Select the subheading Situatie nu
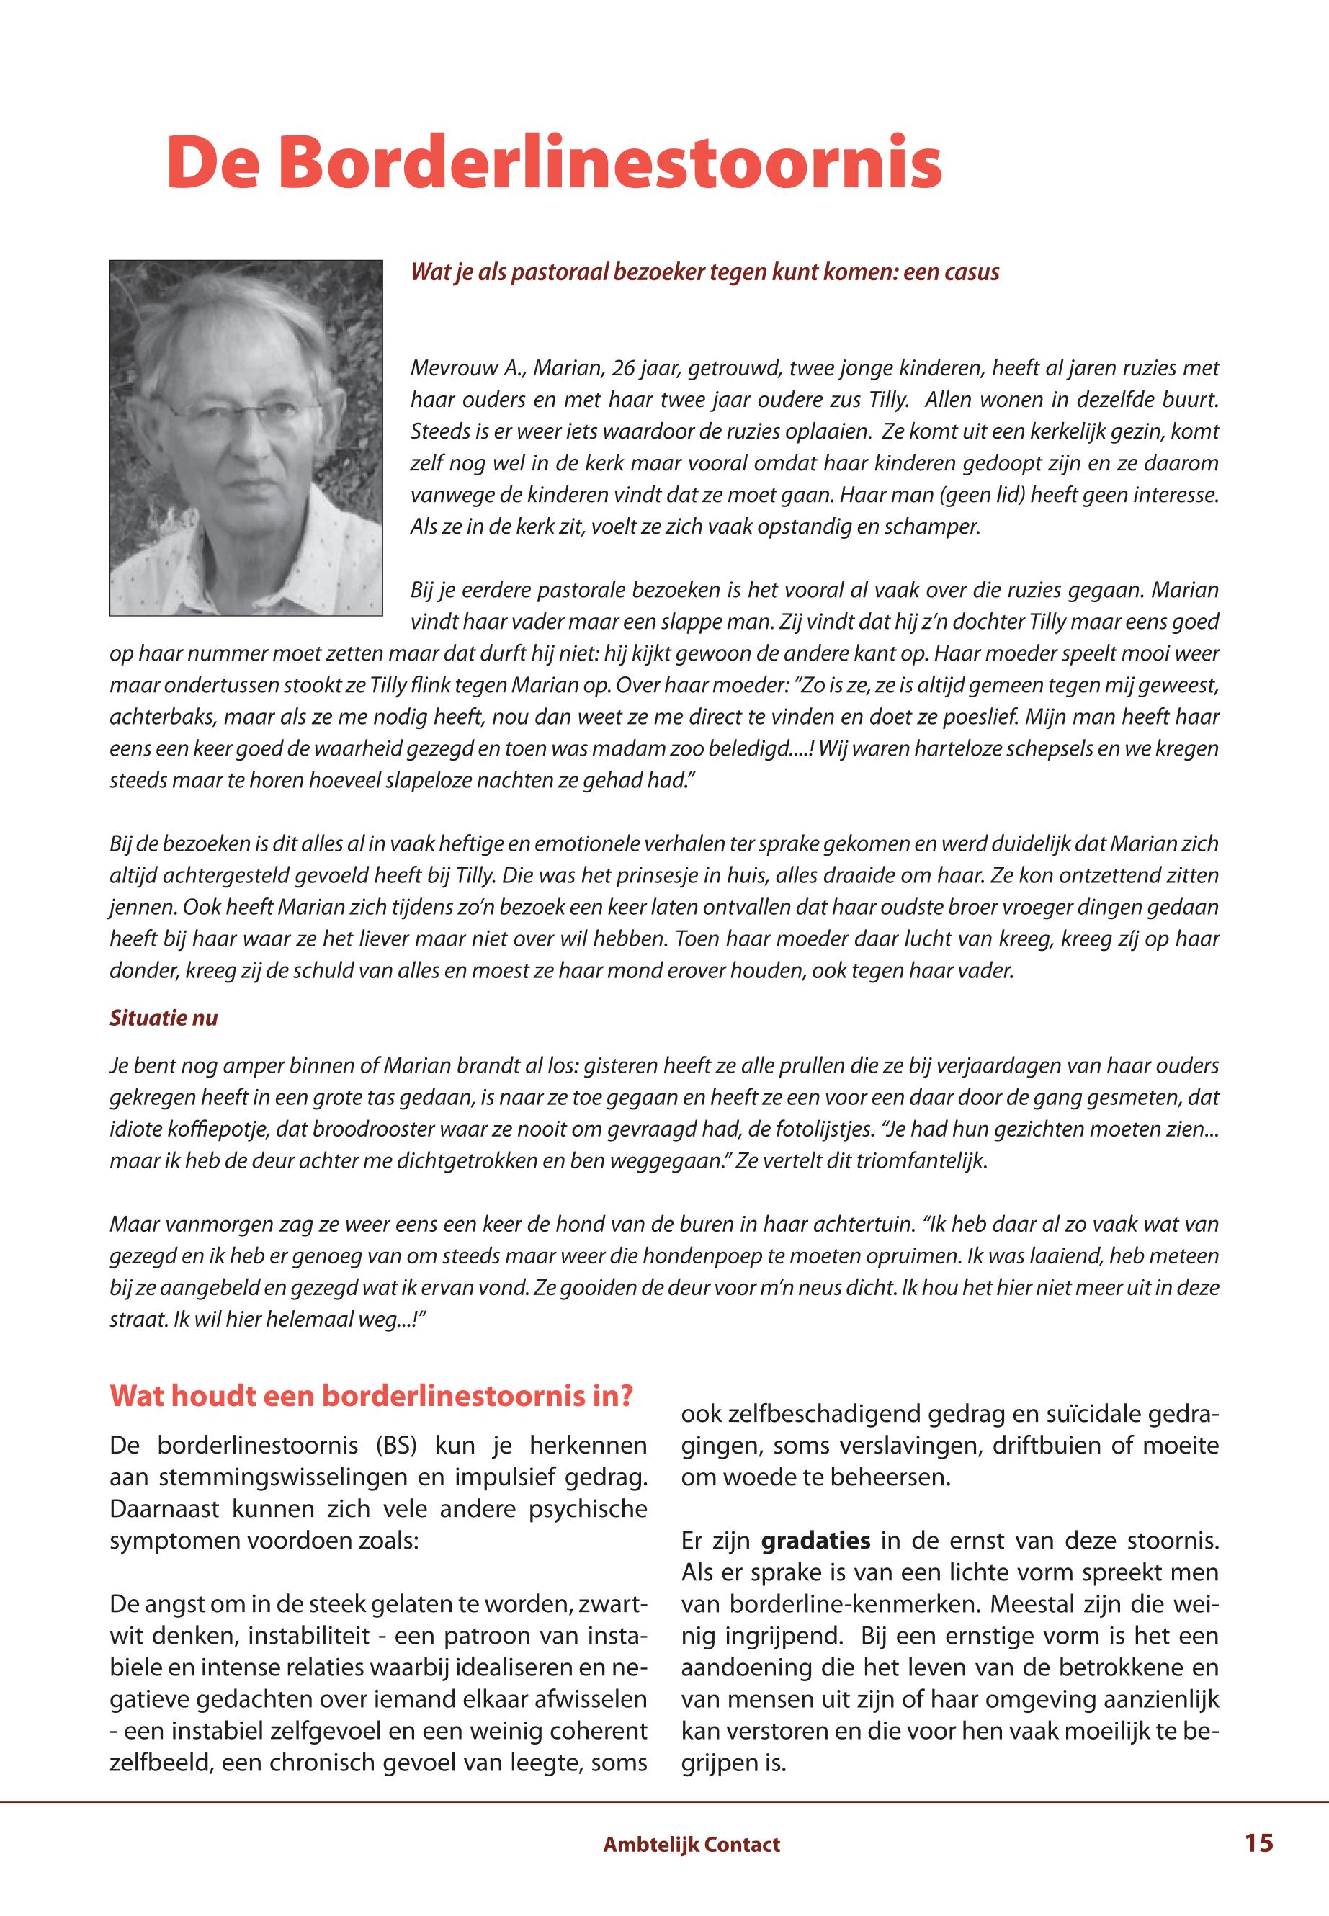164,1018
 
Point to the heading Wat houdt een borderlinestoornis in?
372,1395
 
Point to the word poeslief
972,717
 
